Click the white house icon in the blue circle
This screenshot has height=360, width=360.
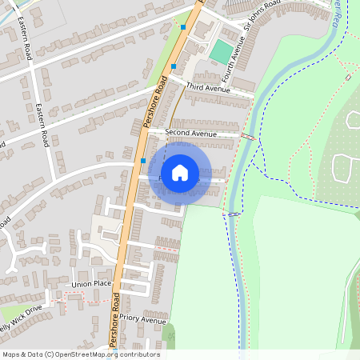(x=180, y=171)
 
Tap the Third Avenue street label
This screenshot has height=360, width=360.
(x=207, y=87)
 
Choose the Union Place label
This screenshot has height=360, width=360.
(x=91, y=284)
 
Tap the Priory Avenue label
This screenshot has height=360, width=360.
(x=145, y=319)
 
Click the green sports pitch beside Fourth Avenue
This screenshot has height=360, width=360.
(x=220, y=52)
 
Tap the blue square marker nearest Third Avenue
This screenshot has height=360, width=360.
(x=174, y=66)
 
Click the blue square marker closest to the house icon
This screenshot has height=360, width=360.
(x=142, y=161)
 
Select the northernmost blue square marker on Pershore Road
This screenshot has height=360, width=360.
(x=183, y=27)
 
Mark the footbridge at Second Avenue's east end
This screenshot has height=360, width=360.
(x=248, y=138)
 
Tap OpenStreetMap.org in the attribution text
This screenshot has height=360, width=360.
(x=87, y=354)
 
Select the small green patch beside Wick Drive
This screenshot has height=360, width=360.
(x=14, y=313)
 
